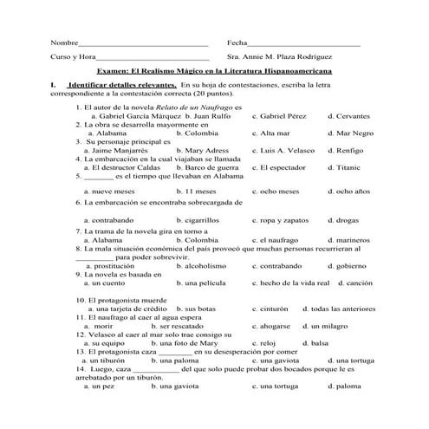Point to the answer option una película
tap(200, 283)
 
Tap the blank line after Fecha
tap(304, 43)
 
